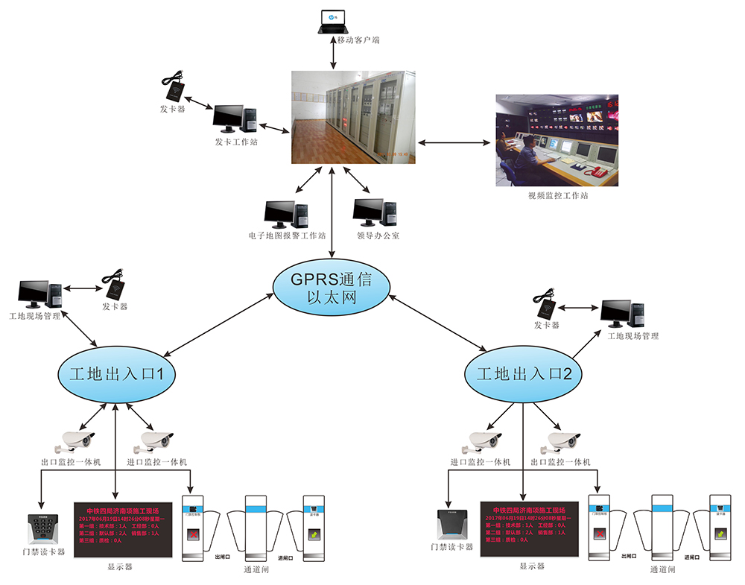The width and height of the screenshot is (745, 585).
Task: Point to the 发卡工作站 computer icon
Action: coord(235,119)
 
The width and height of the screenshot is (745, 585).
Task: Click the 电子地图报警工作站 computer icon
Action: coord(287,215)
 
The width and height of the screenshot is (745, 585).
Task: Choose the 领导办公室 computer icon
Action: coord(378,213)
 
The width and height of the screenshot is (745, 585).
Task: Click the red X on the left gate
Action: coord(194,535)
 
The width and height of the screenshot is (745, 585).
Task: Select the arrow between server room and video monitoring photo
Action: coord(455,142)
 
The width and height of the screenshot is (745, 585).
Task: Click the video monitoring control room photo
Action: coord(557,140)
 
